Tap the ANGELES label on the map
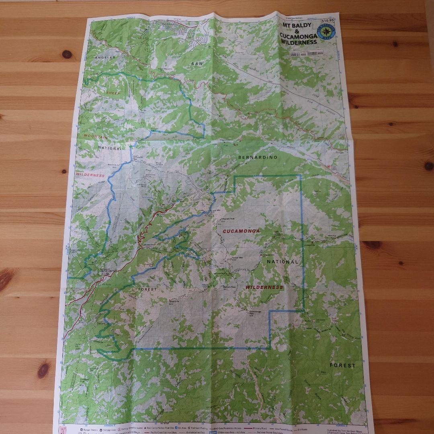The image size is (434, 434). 105,57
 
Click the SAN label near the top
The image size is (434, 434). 197,63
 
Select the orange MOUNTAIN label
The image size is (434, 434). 95,136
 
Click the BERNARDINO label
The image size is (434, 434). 258,157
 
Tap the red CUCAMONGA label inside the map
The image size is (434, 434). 241,231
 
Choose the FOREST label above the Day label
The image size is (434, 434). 342,365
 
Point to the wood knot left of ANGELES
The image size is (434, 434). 67,54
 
